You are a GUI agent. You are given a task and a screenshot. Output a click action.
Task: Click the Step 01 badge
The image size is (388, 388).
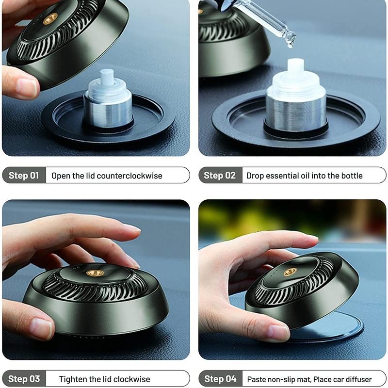24,175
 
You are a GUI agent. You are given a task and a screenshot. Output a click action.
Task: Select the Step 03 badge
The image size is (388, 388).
24,379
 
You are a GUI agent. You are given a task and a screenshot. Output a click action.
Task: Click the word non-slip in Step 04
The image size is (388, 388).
285,379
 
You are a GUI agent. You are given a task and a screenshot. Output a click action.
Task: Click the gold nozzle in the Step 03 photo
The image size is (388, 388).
95,273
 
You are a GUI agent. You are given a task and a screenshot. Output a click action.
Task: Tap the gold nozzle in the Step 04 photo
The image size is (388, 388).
290,272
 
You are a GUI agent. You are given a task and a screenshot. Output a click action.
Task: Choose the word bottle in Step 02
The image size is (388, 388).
351,176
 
